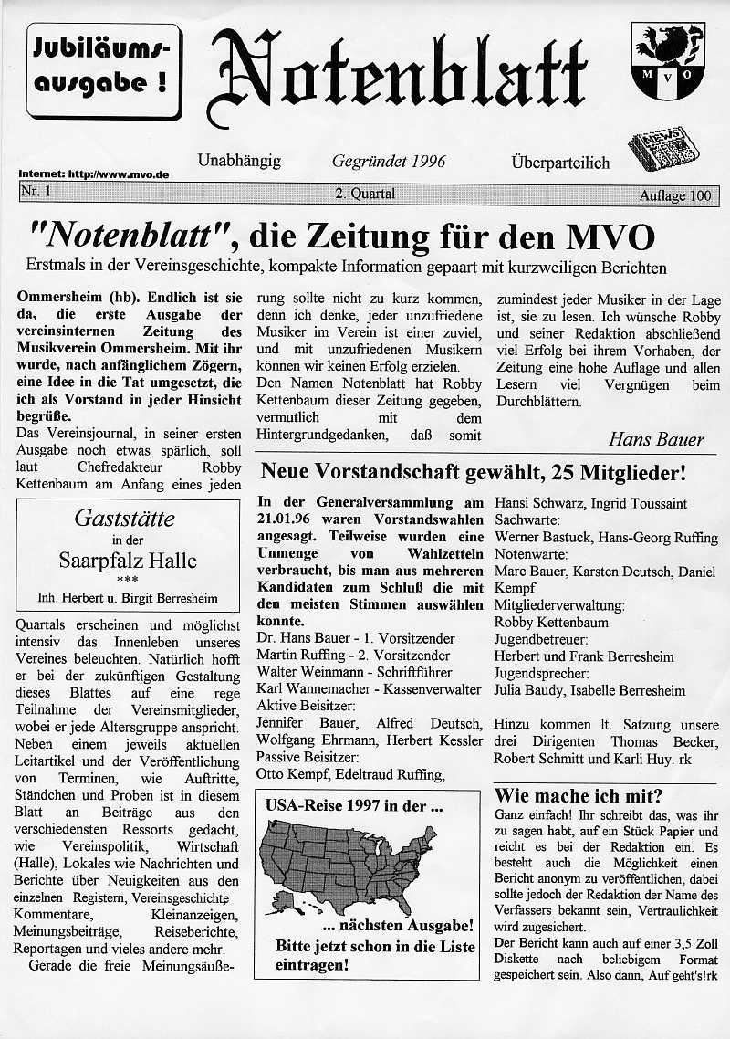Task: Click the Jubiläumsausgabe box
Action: tap(102, 70)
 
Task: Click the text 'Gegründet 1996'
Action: tap(389, 162)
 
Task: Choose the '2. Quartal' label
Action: tap(365, 194)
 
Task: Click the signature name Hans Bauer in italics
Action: tap(656, 439)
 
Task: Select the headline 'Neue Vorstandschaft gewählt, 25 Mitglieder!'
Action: tap(473, 473)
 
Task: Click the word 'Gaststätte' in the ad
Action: tap(124, 519)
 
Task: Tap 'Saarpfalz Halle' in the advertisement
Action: tap(128, 559)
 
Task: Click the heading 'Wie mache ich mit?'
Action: tap(578, 794)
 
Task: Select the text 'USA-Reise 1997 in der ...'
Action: tap(354, 807)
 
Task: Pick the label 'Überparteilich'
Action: tap(560, 163)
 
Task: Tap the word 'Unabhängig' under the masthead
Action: tap(239, 162)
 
